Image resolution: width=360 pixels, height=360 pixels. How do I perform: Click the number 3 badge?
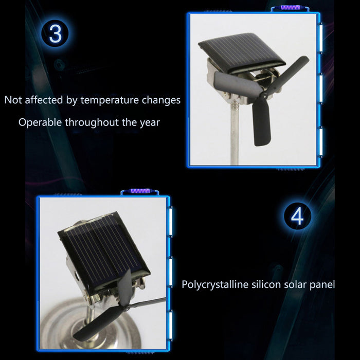(x=55, y=33)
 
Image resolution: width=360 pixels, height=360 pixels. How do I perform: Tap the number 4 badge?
(x=297, y=216)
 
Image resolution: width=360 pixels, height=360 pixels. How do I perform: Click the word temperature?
(x=110, y=100)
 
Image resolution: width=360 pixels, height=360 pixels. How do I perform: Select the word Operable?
(x=40, y=122)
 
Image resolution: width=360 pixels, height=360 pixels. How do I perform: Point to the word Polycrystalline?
(x=215, y=285)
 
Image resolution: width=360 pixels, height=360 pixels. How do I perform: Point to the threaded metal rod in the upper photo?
(x=234, y=133)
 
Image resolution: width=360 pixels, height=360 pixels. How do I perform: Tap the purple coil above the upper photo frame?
(x=290, y=8)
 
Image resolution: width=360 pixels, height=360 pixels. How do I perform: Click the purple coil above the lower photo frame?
(x=140, y=191)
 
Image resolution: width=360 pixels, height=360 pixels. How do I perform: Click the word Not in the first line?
(x=13, y=100)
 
